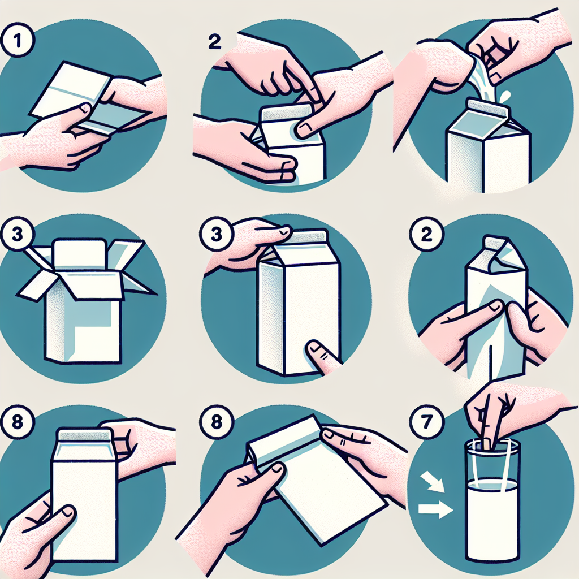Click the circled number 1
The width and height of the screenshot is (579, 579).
(18, 40)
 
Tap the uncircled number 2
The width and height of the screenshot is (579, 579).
(214, 42)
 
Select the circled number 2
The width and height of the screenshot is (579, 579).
(426, 234)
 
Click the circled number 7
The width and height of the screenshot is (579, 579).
(426, 422)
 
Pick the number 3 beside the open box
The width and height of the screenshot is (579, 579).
(18, 234)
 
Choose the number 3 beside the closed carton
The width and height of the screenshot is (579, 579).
(216, 234)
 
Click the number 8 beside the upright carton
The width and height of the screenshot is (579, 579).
(18, 422)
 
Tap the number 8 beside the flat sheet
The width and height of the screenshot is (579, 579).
(216, 422)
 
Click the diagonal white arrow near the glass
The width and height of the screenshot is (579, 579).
(433, 481)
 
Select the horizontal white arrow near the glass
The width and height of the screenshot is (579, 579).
(435, 510)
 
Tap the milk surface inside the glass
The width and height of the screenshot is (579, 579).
(493, 484)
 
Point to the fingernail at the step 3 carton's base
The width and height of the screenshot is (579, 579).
(314, 347)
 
